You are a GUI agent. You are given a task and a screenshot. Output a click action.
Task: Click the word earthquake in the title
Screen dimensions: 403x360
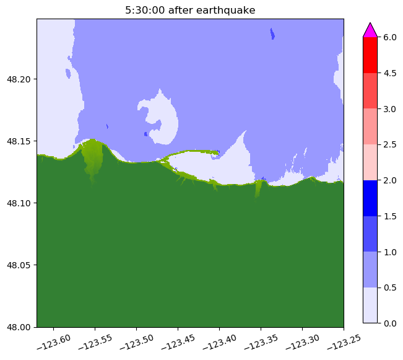[226, 11]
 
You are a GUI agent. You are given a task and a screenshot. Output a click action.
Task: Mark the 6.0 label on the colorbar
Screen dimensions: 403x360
[390, 37]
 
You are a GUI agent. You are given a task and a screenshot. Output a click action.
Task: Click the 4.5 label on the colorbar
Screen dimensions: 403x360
[390, 73]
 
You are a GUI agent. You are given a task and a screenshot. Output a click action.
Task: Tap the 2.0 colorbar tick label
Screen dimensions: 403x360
[390, 180]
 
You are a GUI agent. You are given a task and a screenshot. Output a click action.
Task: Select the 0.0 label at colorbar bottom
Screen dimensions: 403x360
[390, 323]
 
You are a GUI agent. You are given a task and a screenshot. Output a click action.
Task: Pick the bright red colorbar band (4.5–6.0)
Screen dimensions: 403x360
[370, 55]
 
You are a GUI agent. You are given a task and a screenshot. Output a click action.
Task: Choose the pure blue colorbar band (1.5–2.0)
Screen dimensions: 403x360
[370, 198]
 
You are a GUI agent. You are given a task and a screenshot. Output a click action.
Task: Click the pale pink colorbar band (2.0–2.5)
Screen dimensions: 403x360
[370, 162]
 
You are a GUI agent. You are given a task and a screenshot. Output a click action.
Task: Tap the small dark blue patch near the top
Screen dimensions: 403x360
[272, 34]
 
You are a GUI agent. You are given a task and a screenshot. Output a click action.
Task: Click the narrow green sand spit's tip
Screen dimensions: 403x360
[217, 153]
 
